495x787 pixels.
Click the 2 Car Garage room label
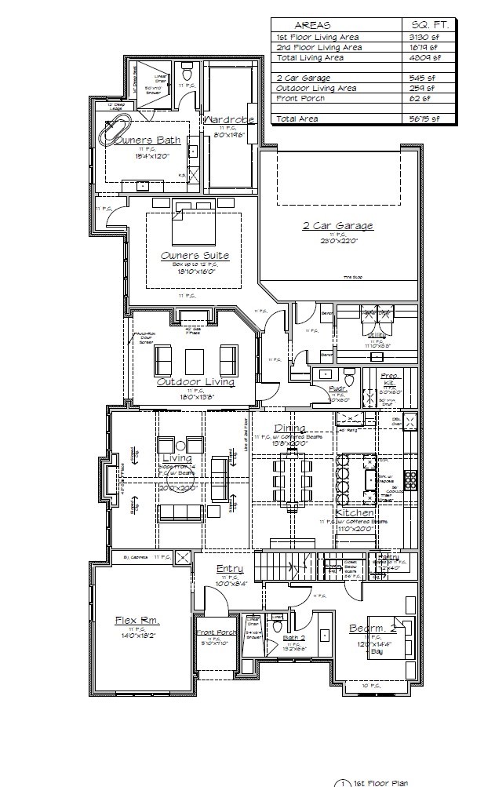coord(338,226)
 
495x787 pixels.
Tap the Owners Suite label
coord(195,255)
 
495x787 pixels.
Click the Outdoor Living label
coord(195,382)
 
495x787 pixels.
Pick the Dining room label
coord(284,428)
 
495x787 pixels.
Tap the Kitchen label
coord(355,513)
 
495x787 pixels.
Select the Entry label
coord(230,568)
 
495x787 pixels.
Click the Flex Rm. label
coord(137,620)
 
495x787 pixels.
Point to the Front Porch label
coord(217,632)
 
